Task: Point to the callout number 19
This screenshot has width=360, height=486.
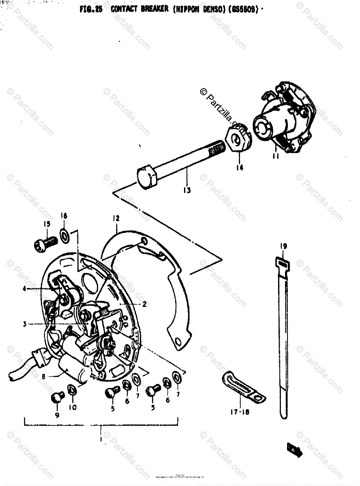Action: tap(283, 246)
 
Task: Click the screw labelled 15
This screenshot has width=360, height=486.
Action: tap(44, 243)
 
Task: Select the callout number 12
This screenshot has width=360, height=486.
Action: tap(116, 219)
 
